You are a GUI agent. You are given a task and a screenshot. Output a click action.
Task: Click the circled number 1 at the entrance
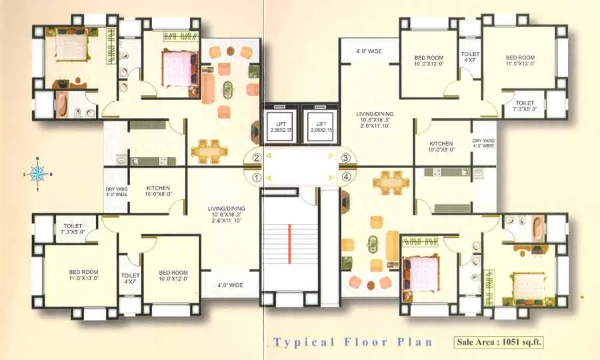click(x=256, y=178)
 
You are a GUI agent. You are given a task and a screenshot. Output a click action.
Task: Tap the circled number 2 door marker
click(x=256, y=159)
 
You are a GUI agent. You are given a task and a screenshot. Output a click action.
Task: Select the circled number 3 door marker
click(x=345, y=159)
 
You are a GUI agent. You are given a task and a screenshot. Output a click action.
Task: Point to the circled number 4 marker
click(x=345, y=177)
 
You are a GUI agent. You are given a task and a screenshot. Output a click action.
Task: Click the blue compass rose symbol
click(x=39, y=174)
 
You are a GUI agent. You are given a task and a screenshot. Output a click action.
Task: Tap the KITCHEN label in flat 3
click(x=441, y=147)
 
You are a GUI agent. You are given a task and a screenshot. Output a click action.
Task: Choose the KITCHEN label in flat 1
click(x=158, y=192)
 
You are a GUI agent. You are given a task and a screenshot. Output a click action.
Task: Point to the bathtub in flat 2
click(x=62, y=105)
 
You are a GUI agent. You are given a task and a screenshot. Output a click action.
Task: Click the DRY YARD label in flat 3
click(x=483, y=143)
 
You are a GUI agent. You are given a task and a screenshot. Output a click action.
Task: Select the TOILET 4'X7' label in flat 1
click(x=131, y=279)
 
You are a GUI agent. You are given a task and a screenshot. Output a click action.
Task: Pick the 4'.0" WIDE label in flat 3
click(x=369, y=51)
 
